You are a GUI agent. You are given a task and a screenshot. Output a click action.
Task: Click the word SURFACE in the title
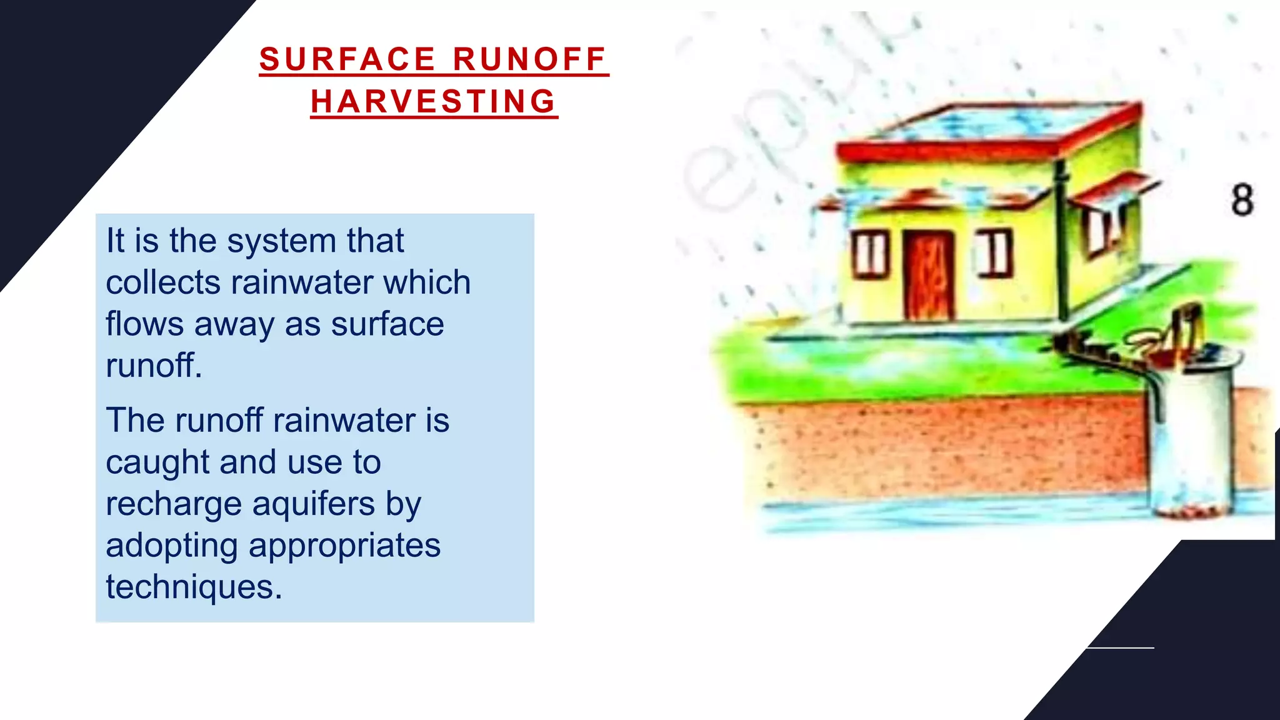pyautogui.click(x=347, y=59)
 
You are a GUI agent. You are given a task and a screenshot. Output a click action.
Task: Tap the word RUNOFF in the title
pyautogui.click(x=529, y=59)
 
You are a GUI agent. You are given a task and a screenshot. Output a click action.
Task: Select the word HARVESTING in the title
pyautogui.click(x=434, y=101)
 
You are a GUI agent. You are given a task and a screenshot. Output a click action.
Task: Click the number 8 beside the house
pyautogui.click(x=1242, y=200)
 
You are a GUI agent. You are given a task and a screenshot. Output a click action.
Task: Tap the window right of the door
pyautogui.click(x=994, y=252)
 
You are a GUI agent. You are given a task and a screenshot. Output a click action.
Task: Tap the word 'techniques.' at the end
pyautogui.click(x=194, y=587)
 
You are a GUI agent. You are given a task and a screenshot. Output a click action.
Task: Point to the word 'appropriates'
pyautogui.click(x=344, y=546)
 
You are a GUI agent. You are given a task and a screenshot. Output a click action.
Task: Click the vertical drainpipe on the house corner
pyautogui.click(x=1061, y=244)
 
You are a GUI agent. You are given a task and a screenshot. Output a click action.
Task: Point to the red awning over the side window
pyautogui.click(x=1112, y=187)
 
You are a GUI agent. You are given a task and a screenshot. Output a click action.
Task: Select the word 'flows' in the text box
pyautogui.click(x=145, y=324)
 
